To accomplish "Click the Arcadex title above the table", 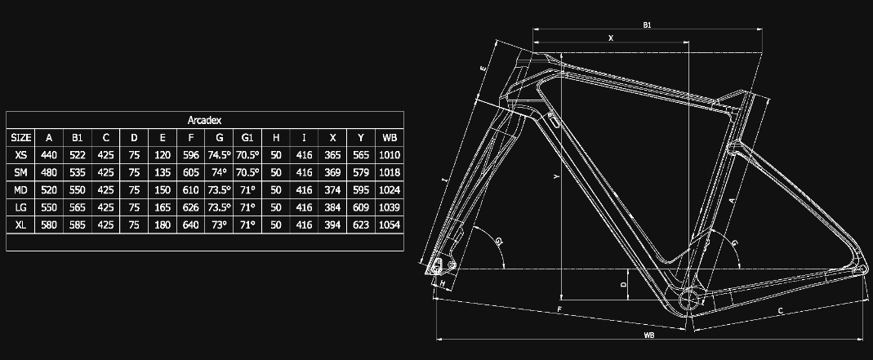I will click(205, 119).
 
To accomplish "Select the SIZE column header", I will click(21, 137).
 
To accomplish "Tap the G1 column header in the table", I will click(247, 137).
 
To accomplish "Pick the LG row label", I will click(21, 207).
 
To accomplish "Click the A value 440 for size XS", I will click(49, 155).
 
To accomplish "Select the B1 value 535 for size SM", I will click(78, 172).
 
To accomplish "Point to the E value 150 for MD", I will click(163, 190).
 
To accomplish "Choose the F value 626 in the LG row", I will click(190, 207).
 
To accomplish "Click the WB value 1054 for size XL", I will click(390, 224).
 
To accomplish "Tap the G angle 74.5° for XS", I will click(219, 155).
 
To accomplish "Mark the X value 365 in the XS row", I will click(332, 155).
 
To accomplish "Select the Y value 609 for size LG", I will click(361, 207).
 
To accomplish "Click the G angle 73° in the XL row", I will click(219, 224).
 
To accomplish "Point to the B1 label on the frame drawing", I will click(647, 25).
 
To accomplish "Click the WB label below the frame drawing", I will click(648, 335).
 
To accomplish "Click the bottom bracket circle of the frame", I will click(689, 298).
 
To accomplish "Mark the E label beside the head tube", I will click(483, 69).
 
